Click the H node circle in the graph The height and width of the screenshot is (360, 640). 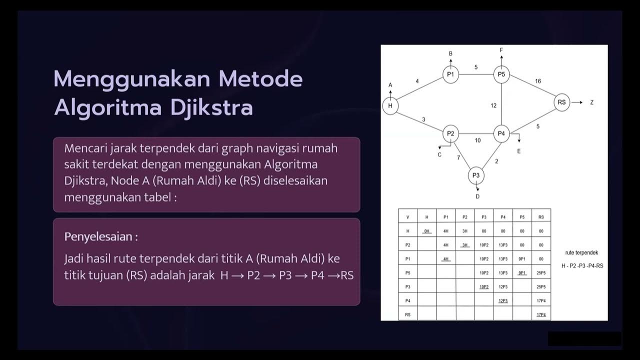click(x=390, y=106)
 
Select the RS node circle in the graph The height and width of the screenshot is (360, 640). click(x=561, y=102)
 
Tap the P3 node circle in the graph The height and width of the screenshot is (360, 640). click(x=476, y=175)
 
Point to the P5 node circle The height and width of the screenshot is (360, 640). click(x=501, y=75)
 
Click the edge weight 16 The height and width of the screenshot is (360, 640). click(x=538, y=81)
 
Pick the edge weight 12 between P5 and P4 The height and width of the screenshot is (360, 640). click(x=493, y=105)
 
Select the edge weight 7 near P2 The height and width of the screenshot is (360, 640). click(x=458, y=158)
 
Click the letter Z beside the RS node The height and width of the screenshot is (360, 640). click(x=591, y=102)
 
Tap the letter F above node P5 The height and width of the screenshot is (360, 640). click(x=501, y=50)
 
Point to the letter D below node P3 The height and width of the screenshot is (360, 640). click(x=477, y=196)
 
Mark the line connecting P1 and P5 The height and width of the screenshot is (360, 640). click(x=476, y=75)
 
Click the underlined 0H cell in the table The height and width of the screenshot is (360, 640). click(x=426, y=231)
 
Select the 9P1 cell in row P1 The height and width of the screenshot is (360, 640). click(x=522, y=259)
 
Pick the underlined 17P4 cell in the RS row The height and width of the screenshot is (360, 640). click(x=541, y=315)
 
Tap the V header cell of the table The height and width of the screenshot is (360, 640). click(x=407, y=217)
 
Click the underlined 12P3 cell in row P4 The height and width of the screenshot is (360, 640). click(x=503, y=301)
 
